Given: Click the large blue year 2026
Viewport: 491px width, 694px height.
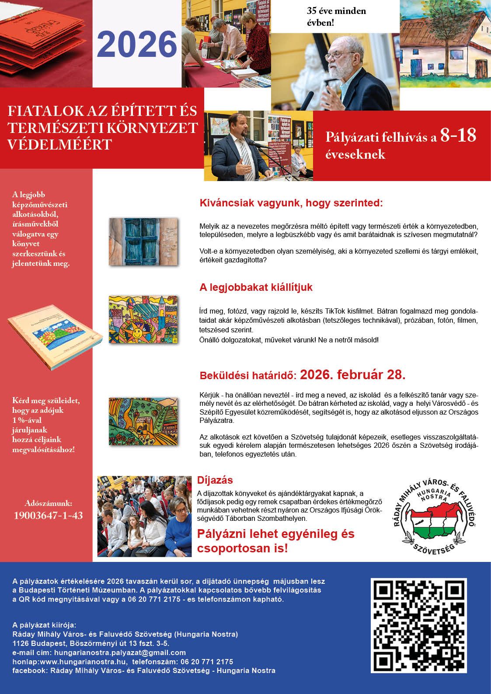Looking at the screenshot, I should pyautogui.click(x=137, y=44).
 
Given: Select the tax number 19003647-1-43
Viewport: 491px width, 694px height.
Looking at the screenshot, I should pyautogui.click(x=48, y=515).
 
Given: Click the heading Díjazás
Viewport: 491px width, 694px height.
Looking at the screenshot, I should pyautogui.click(x=215, y=480).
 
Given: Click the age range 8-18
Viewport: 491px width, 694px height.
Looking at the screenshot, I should pyautogui.click(x=458, y=136).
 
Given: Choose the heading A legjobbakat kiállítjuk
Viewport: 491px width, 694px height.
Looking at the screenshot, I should pyautogui.click(x=256, y=287).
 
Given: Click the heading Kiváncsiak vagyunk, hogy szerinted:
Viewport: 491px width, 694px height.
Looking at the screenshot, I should pyautogui.click(x=291, y=203).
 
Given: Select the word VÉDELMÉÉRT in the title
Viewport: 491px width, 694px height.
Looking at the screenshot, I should pyautogui.click(x=59, y=144).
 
